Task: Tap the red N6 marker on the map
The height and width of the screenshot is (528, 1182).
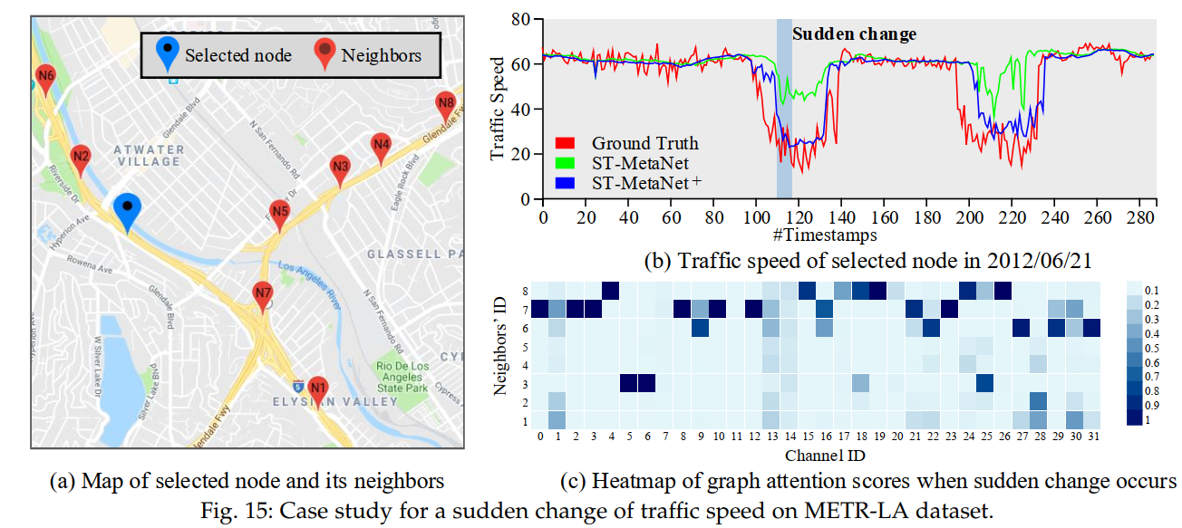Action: (x=45, y=78)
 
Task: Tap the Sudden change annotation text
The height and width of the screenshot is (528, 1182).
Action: (x=854, y=34)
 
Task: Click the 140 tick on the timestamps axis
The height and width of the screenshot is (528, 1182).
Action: (x=841, y=219)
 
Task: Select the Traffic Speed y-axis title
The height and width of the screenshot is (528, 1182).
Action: (x=498, y=108)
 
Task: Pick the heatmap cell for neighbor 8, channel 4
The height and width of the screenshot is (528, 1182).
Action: (x=610, y=290)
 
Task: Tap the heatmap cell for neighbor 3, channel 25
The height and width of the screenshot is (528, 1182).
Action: (x=984, y=384)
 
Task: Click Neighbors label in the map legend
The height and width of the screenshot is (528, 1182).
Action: (x=381, y=55)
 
